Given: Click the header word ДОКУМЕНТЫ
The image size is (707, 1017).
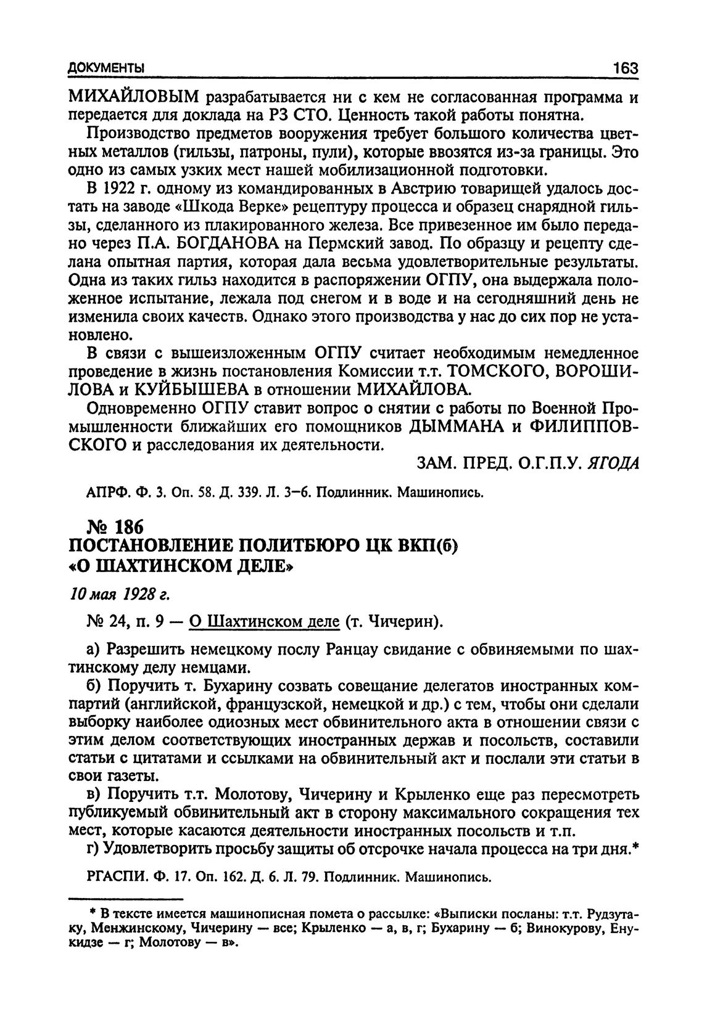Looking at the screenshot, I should [x=106, y=68].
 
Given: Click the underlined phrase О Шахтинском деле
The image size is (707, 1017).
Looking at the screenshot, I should [x=265, y=623].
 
